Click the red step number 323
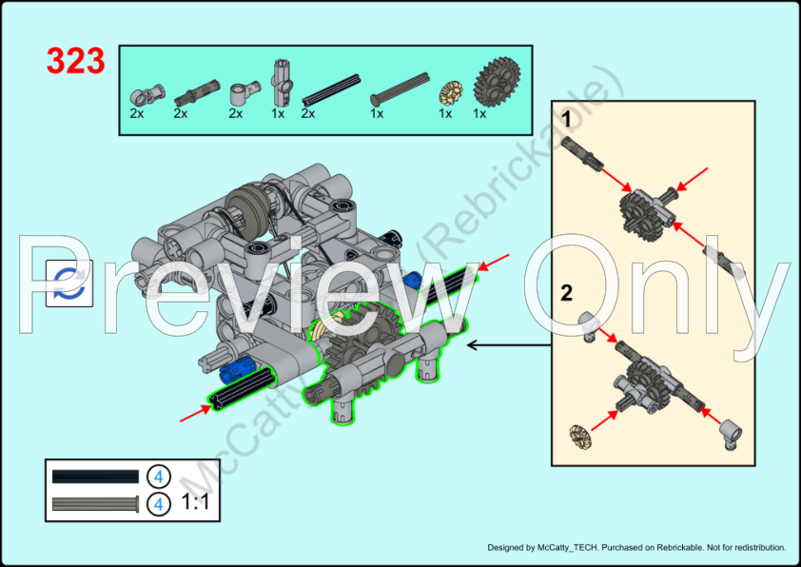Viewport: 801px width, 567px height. (x=75, y=61)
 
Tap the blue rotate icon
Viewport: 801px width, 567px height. (x=69, y=281)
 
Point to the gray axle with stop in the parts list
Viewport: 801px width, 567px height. (x=390, y=92)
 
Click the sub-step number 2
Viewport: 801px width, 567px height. (x=566, y=293)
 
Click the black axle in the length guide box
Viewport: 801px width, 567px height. (x=95, y=476)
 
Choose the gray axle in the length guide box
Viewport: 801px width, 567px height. (x=95, y=502)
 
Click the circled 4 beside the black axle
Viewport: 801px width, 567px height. (x=159, y=476)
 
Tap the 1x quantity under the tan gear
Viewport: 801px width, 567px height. (x=445, y=113)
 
